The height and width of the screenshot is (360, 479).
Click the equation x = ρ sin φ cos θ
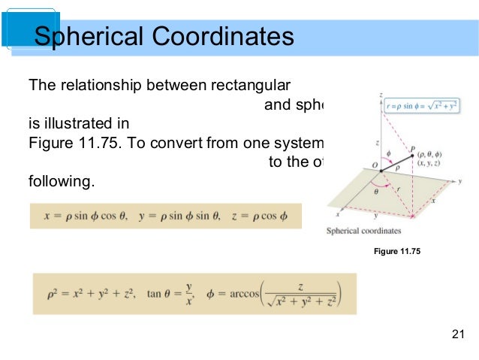click(x=84, y=216)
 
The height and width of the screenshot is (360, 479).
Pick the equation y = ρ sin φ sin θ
click(x=179, y=216)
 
